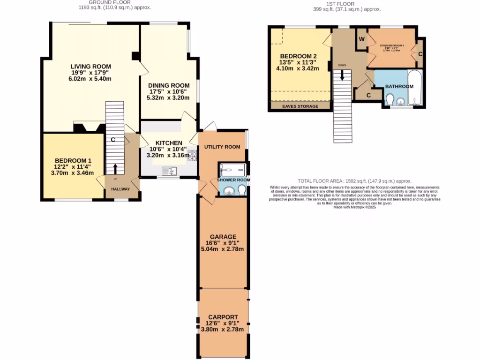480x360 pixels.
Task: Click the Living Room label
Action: point(91,66)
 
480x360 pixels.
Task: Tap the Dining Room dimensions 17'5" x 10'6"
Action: point(168,91)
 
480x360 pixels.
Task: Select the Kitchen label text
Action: point(168,142)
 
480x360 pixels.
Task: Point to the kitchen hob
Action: point(192,156)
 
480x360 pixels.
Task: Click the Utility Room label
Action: point(222,147)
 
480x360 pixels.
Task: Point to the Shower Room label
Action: point(233,180)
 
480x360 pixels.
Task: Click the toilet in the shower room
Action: point(241,189)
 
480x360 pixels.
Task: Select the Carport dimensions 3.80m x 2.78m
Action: point(222,330)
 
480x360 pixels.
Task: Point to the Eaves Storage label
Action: point(300,106)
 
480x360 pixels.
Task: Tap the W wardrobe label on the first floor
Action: point(361,39)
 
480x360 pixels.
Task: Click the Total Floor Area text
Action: point(354,180)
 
